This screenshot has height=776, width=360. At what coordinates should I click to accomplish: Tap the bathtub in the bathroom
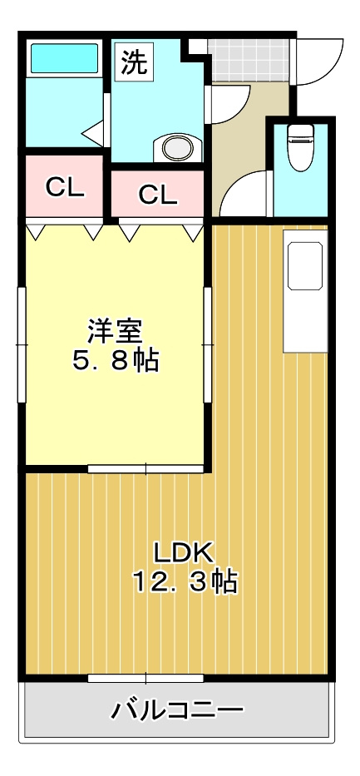[x=64, y=59]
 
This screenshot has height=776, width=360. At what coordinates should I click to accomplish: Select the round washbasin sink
[x=175, y=149]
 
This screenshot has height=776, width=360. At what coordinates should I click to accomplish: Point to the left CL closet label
[x=65, y=187]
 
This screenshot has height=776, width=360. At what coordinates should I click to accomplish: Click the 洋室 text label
[x=115, y=330]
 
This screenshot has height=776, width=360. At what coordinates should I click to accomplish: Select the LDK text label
[x=184, y=551]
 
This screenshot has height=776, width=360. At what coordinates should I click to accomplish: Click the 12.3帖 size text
[x=185, y=581]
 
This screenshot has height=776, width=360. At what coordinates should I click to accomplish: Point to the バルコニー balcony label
[x=178, y=710]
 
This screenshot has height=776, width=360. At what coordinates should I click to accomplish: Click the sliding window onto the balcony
[x=145, y=678]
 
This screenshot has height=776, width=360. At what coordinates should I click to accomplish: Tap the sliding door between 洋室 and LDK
[x=146, y=468]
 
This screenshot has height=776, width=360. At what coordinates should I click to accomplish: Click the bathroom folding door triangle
[x=92, y=131]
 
